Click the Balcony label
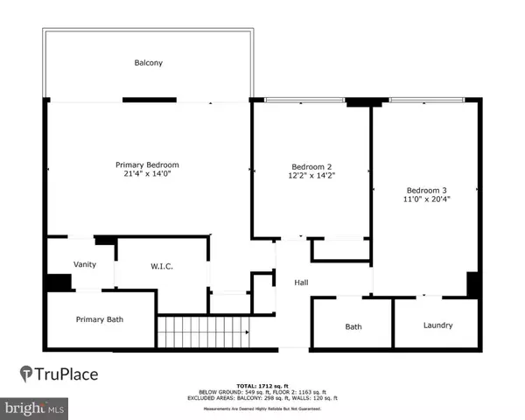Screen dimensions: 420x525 pyautogui.click(x=149, y=63)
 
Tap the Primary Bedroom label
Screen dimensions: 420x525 pyautogui.click(x=148, y=164)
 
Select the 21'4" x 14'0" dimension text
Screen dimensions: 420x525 pyautogui.click(x=148, y=175)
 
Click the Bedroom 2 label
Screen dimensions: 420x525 pyautogui.click(x=311, y=166)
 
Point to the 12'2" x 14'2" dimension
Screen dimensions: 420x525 pyautogui.click(x=311, y=176)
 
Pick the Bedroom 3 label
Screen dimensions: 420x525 pyautogui.click(x=426, y=190)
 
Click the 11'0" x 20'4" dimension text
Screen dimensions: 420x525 pyautogui.click(x=426, y=200)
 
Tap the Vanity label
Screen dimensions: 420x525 pyautogui.click(x=85, y=265)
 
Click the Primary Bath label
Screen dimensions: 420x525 pyautogui.click(x=100, y=319)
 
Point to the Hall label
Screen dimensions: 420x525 pyautogui.click(x=301, y=282)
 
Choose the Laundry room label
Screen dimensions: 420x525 pyautogui.click(x=437, y=325)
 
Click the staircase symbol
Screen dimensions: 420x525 pyautogui.click(x=202, y=331)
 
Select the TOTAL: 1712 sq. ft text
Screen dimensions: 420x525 pyautogui.click(x=262, y=385)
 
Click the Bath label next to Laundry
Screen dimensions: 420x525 pyautogui.click(x=353, y=326)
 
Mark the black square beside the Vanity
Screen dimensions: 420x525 pyautogui.click(x=59, y=283)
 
